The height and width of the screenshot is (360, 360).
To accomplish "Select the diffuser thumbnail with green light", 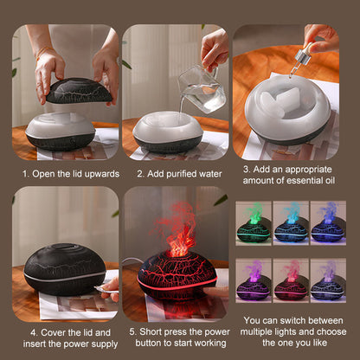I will click(254, 223).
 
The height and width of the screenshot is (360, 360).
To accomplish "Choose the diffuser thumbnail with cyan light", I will click(291, 223).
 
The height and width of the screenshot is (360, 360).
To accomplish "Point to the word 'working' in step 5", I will click(205, 343).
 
